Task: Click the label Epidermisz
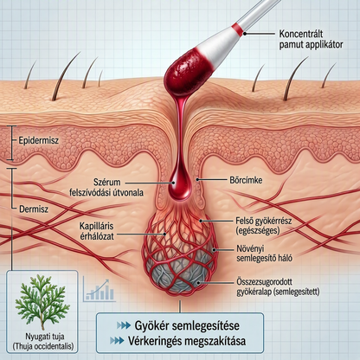pos(39,141)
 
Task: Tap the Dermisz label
pos(34,209)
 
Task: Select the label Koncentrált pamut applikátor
pos(311,39)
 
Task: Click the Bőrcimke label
pos(246,180)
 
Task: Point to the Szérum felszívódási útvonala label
pos(106,187)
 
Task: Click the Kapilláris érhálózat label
pos(97,231)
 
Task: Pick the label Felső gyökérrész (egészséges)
pos(264,226)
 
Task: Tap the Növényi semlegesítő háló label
pos(264,253)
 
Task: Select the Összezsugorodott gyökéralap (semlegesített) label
pos(278,286)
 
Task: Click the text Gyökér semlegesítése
pos(187,325)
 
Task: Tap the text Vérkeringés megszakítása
pos(187,341)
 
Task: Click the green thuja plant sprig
pos(42,302)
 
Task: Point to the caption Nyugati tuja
pos(45,337)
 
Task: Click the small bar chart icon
pos(100,290)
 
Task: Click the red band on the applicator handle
pos(238,28)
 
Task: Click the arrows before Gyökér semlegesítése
pos(124,325)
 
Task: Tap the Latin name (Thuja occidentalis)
pos(43,346)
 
